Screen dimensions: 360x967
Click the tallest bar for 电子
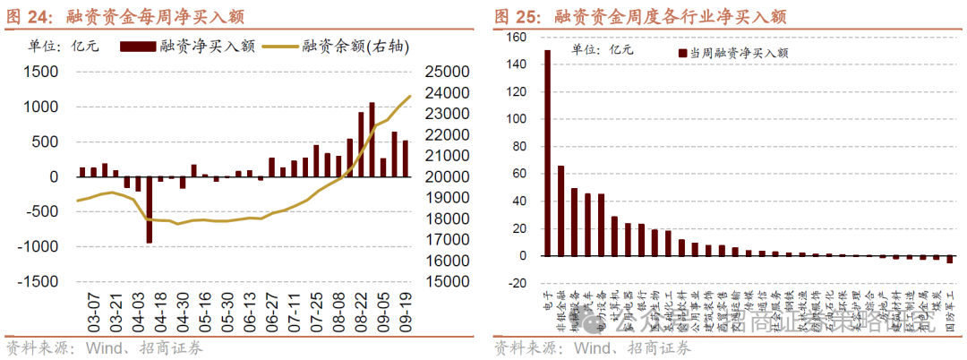click(x=547, y=152)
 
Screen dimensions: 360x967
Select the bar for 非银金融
click(x=561, y=210)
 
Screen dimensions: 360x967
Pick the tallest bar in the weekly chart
click(x=372, y=140)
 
